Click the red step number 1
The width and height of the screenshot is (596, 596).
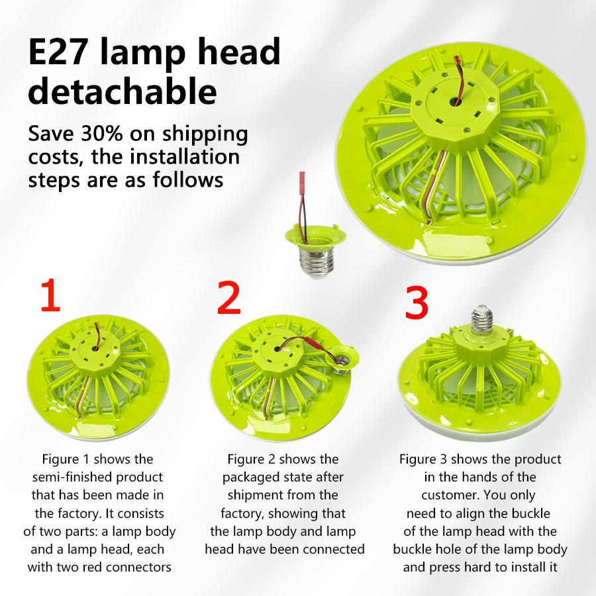[x=50, y=297]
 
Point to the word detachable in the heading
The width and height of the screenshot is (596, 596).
[x=123, y=91]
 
